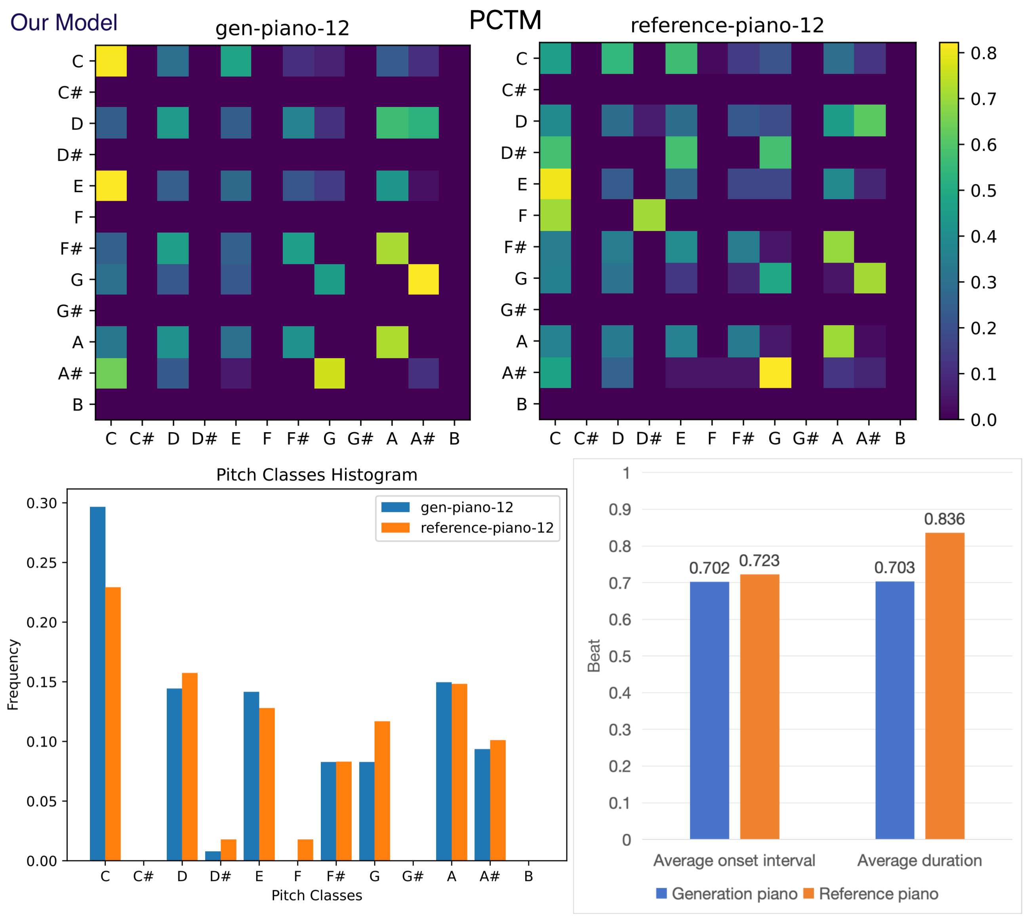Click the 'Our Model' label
(x=64, y=23)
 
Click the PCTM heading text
(x=505, y=20)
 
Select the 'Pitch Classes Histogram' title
(x=317, y=475)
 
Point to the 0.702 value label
(x=709, y=568)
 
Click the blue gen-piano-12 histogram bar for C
(x=98, y=683)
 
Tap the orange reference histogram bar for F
(x=305, y=850)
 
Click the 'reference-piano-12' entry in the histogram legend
(x=487, y=528)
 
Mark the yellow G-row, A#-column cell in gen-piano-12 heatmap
(x=423, y=279)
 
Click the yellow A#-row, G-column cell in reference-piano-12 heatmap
(x=775, y=372)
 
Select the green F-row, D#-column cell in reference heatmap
(x=650, y=215)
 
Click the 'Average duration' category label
(x=919, y=860)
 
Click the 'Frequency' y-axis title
(x=13, y=675)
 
